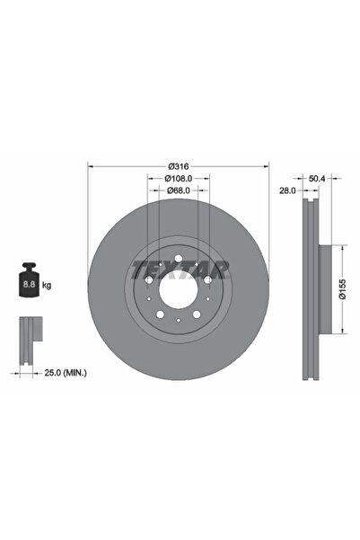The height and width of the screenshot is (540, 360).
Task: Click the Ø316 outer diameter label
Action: (x=178, y=166)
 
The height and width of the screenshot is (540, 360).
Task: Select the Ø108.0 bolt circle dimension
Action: (x=178, y=178)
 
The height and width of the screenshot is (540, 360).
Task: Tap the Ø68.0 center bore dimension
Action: (x=178, y=190)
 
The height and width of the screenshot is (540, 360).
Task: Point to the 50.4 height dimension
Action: (x=317, y=179)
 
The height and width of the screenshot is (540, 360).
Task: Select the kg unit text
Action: (x=47, y=285)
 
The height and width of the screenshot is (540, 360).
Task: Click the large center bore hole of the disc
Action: (x=178, y=290)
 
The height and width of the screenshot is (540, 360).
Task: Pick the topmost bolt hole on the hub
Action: (x=178, y=261)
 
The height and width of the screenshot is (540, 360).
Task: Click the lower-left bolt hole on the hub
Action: (x=161, y=314)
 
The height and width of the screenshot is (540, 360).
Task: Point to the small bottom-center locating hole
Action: (x=178, y=321)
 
